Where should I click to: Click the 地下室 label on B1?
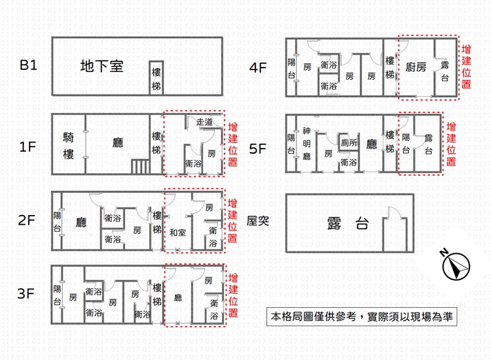[102, 66]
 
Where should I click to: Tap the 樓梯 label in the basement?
[157, 79]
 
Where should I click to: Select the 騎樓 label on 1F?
[68, 146]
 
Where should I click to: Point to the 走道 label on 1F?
[204, 122]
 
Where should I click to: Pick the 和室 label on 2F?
[177, 233]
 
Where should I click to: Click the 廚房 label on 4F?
[416, 67]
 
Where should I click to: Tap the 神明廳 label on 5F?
[306, 144]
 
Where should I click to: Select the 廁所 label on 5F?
[349, 143]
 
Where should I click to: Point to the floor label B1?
[28, 65]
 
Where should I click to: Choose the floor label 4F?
[258, 68]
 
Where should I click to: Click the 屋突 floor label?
[258, 221]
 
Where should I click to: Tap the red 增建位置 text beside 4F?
[466, 66]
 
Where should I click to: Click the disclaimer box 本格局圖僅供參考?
[361, 317]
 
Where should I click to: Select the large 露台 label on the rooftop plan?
[347, 224]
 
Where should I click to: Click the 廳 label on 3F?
[178, 297]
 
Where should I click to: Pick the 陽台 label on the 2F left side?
[57, 222]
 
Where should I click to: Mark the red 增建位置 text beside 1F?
[233, 144]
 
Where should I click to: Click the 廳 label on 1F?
[118, 143]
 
